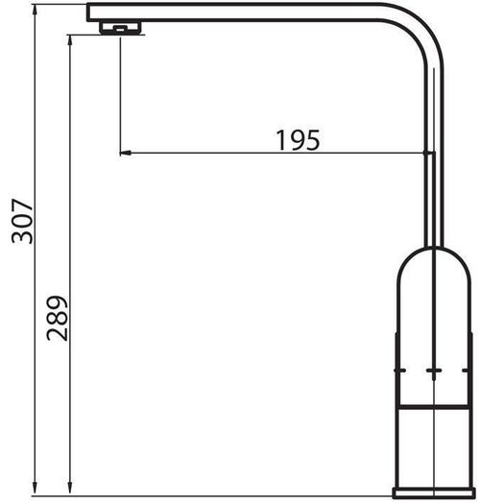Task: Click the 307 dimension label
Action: pos(22,221)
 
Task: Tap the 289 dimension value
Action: pos(58,318)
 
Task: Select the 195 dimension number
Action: pos(298,140)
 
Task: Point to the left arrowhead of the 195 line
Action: pos(126,153)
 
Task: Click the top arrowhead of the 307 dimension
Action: pos(36,11)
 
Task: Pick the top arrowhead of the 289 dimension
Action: pos(70,41)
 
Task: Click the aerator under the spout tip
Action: pos(120,27)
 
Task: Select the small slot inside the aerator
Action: pos(120,29)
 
